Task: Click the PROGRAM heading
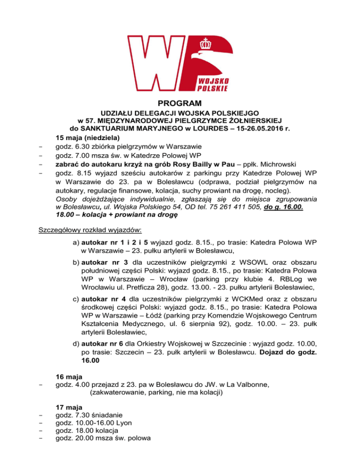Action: tap(180, 103)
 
